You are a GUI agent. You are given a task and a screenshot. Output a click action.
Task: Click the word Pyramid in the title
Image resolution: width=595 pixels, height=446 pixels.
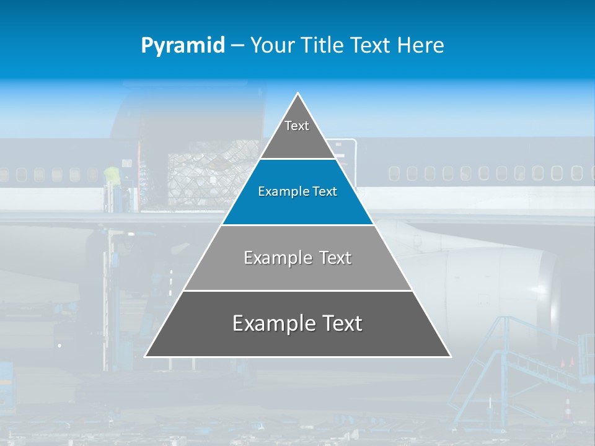click(x=182, y=45)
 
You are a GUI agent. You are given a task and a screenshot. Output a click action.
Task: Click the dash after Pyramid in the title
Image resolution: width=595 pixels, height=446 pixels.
click(x=237, y=46)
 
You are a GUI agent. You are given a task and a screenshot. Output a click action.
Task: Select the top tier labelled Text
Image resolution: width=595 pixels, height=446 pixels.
click(x=297, y=133)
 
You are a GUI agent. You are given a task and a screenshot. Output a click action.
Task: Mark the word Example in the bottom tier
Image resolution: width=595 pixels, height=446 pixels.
click(x=265, y=323)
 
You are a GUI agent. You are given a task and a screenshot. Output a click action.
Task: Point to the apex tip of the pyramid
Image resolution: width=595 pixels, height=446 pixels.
click(x=298, y=94)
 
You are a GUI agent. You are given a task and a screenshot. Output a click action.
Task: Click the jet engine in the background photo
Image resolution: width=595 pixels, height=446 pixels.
click(x=496, y=285)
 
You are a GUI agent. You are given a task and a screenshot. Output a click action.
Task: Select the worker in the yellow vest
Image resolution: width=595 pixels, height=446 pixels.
click(x=111, y=177)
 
